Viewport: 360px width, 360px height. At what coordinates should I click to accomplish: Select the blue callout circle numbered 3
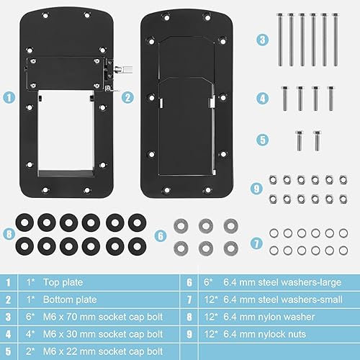pos(263,40)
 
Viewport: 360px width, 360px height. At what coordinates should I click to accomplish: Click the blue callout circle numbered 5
pos(263,139)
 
